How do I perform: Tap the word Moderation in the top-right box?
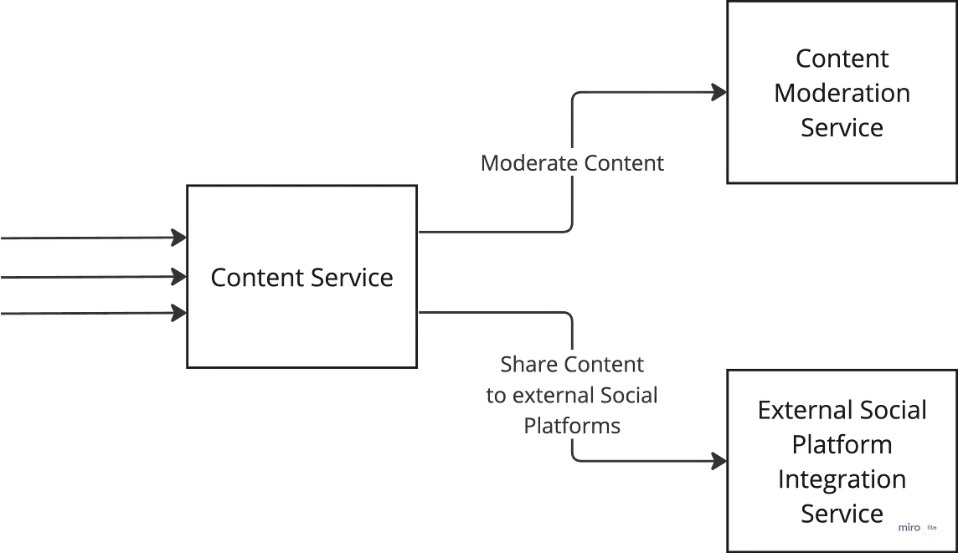coord(841,93)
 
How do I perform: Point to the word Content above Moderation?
coord(841,59)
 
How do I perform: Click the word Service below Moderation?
coord(841,128)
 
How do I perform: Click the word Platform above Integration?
coord(842,444)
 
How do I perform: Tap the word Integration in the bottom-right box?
coord(842,479)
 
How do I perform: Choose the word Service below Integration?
coord(842,514)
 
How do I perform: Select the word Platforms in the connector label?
coord(573,425)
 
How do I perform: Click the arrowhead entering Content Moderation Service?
coord(718,94)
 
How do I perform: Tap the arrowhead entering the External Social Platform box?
coord(718,461)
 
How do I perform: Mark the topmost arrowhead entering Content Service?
coord(178,239)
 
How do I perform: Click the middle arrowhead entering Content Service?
coord(178,275)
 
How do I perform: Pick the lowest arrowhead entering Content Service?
coord(178,314)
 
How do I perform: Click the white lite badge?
coord(931,527)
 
